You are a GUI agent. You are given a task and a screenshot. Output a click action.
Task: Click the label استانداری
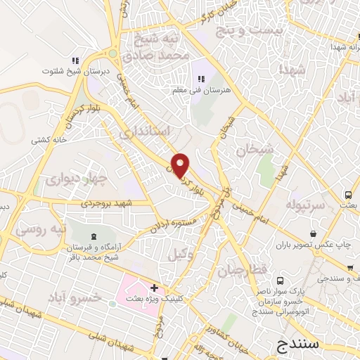click(145, 131)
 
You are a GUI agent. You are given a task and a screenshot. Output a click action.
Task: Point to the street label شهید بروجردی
click(108, 203)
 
